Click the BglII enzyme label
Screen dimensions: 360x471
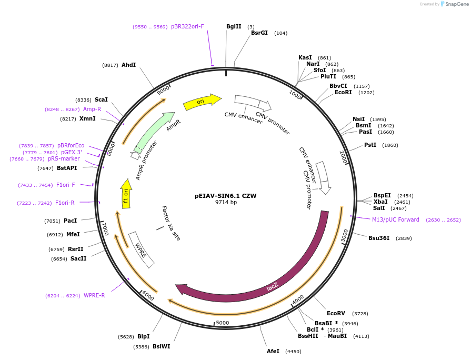tap(234, 26)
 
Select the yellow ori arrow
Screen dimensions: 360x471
tap(202, 101)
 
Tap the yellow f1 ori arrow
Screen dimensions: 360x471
tap(126, 194)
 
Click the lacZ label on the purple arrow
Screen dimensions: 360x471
tap(272, 287)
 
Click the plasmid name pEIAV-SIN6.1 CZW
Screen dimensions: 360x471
tap(226, 196)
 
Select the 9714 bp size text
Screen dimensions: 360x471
tap(226, 202)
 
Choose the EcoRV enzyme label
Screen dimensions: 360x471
tap(336, 313)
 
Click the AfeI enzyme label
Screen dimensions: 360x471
tap(273, 351)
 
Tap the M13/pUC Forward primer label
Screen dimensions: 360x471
tap(396, 219)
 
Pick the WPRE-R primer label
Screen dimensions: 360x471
tap(94, 295)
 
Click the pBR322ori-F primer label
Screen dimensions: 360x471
tap(187, 26)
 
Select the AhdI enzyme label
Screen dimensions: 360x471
tap(128, 65)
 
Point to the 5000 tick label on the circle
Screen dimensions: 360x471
tap(223, 323)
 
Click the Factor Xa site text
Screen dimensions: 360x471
tap(171, 223)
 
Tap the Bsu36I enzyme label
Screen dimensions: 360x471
tap(379, 238)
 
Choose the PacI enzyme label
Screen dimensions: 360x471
tap(70, 221)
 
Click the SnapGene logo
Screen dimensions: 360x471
tap(454, 4)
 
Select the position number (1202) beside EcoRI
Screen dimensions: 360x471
tap(366, 93)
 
